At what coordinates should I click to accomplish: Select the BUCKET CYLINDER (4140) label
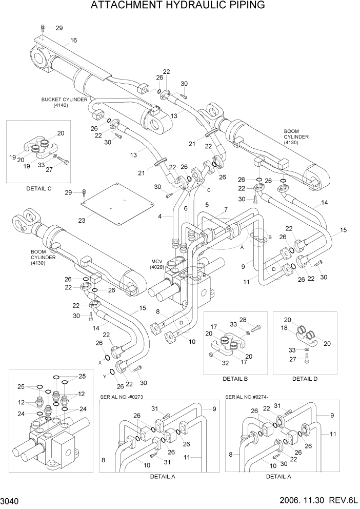pyautogui.click(x=64, y=102)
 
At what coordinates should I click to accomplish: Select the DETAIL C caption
pyautogui.click(x=39, y=188)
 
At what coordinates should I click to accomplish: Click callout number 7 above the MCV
pyautogui.click(x=225, y=210)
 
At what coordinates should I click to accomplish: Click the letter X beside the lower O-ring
pyautogui.click(x=99, y=362)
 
